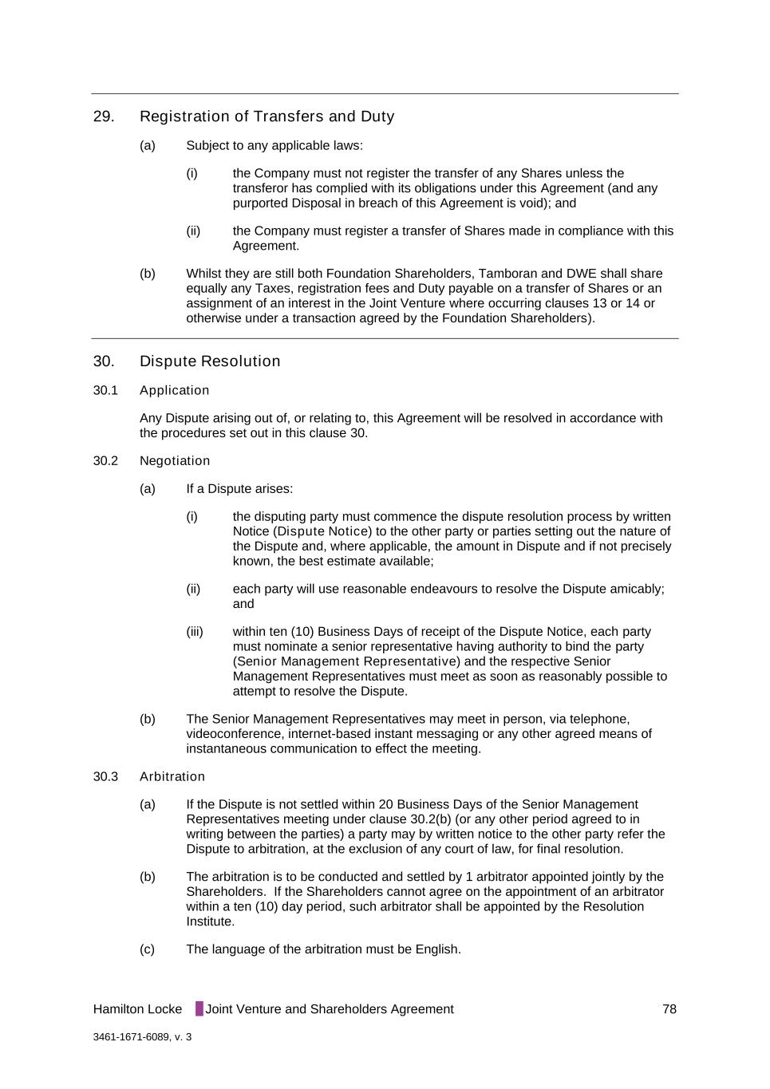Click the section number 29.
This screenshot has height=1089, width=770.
point(104,116)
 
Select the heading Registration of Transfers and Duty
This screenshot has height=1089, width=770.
point(267,116)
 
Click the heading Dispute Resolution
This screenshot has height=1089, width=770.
point(210,361)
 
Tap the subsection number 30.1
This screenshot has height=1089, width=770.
point(105,390)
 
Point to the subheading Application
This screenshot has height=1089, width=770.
point(174,390)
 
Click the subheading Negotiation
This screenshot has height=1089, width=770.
point(175,461)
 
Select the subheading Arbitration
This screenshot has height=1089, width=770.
point(172,777)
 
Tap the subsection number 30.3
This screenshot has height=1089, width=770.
point(105,777)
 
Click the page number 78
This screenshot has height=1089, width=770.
point(669,1009)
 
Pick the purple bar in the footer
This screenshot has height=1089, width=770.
point(199,1009)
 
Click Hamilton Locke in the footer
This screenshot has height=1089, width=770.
point(137,1009)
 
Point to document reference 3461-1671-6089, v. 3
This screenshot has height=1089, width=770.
point(142,1037)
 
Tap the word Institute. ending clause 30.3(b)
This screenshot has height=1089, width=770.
point(211,921)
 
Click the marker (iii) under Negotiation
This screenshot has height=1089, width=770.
point(195,632)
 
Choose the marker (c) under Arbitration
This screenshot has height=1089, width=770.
point(147,949)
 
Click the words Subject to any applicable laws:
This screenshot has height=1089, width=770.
point(274,145)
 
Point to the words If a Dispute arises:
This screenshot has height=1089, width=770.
point(239,489)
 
